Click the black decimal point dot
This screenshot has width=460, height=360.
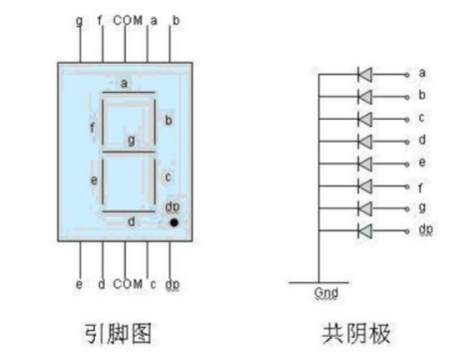pos(174,222)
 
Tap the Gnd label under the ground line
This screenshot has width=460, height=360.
pos(326,294)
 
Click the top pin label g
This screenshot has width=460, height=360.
pos(79,19)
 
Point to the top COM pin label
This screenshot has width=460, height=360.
pos(127,19)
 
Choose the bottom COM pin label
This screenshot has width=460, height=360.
pos(127,284)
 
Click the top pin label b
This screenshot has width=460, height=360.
pos(176,19)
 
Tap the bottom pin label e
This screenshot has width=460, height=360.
pos(79,284)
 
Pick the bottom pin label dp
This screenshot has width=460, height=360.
pos(175,285)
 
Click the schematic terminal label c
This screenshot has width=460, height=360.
pos(422,119)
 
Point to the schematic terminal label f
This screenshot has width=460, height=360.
pos(422,185)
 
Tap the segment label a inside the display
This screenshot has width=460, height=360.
pos(124,84)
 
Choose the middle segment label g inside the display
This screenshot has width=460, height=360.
pos(131,140)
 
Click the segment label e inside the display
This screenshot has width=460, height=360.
pos(94,180)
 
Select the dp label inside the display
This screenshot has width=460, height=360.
pos(173,206)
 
